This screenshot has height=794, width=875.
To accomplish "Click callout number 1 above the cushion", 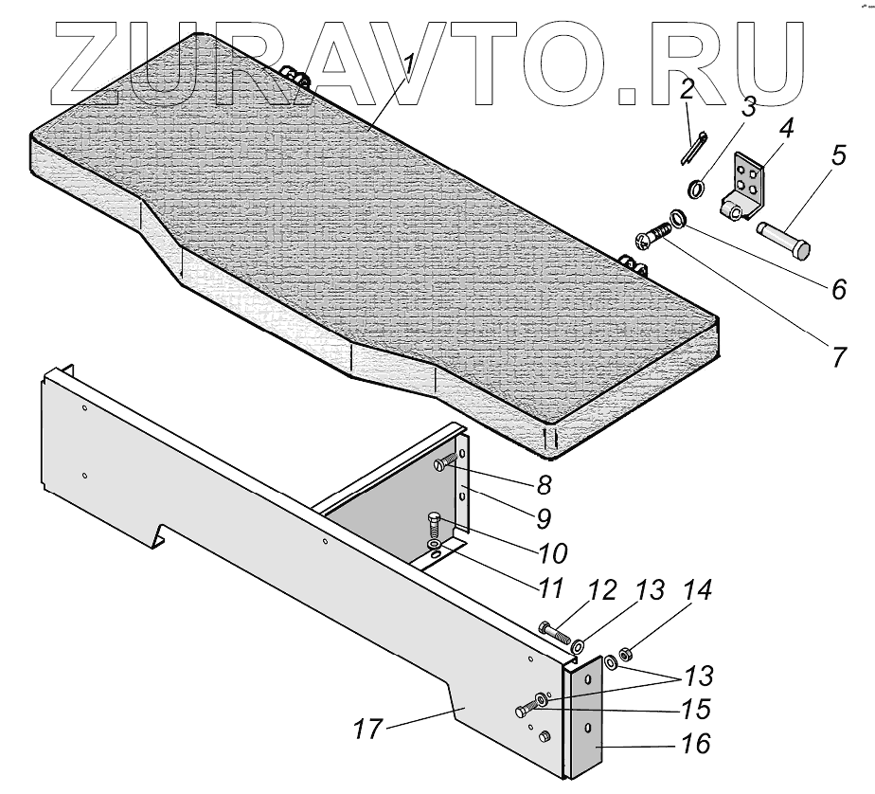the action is point(409,66).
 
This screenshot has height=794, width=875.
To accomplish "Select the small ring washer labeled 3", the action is point(696,189).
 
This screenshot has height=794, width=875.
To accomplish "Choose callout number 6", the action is point(838,289).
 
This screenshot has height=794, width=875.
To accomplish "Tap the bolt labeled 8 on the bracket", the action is point(449,464).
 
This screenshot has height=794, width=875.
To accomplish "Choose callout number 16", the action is point(696,745).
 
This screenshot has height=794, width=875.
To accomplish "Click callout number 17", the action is point(368,730).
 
